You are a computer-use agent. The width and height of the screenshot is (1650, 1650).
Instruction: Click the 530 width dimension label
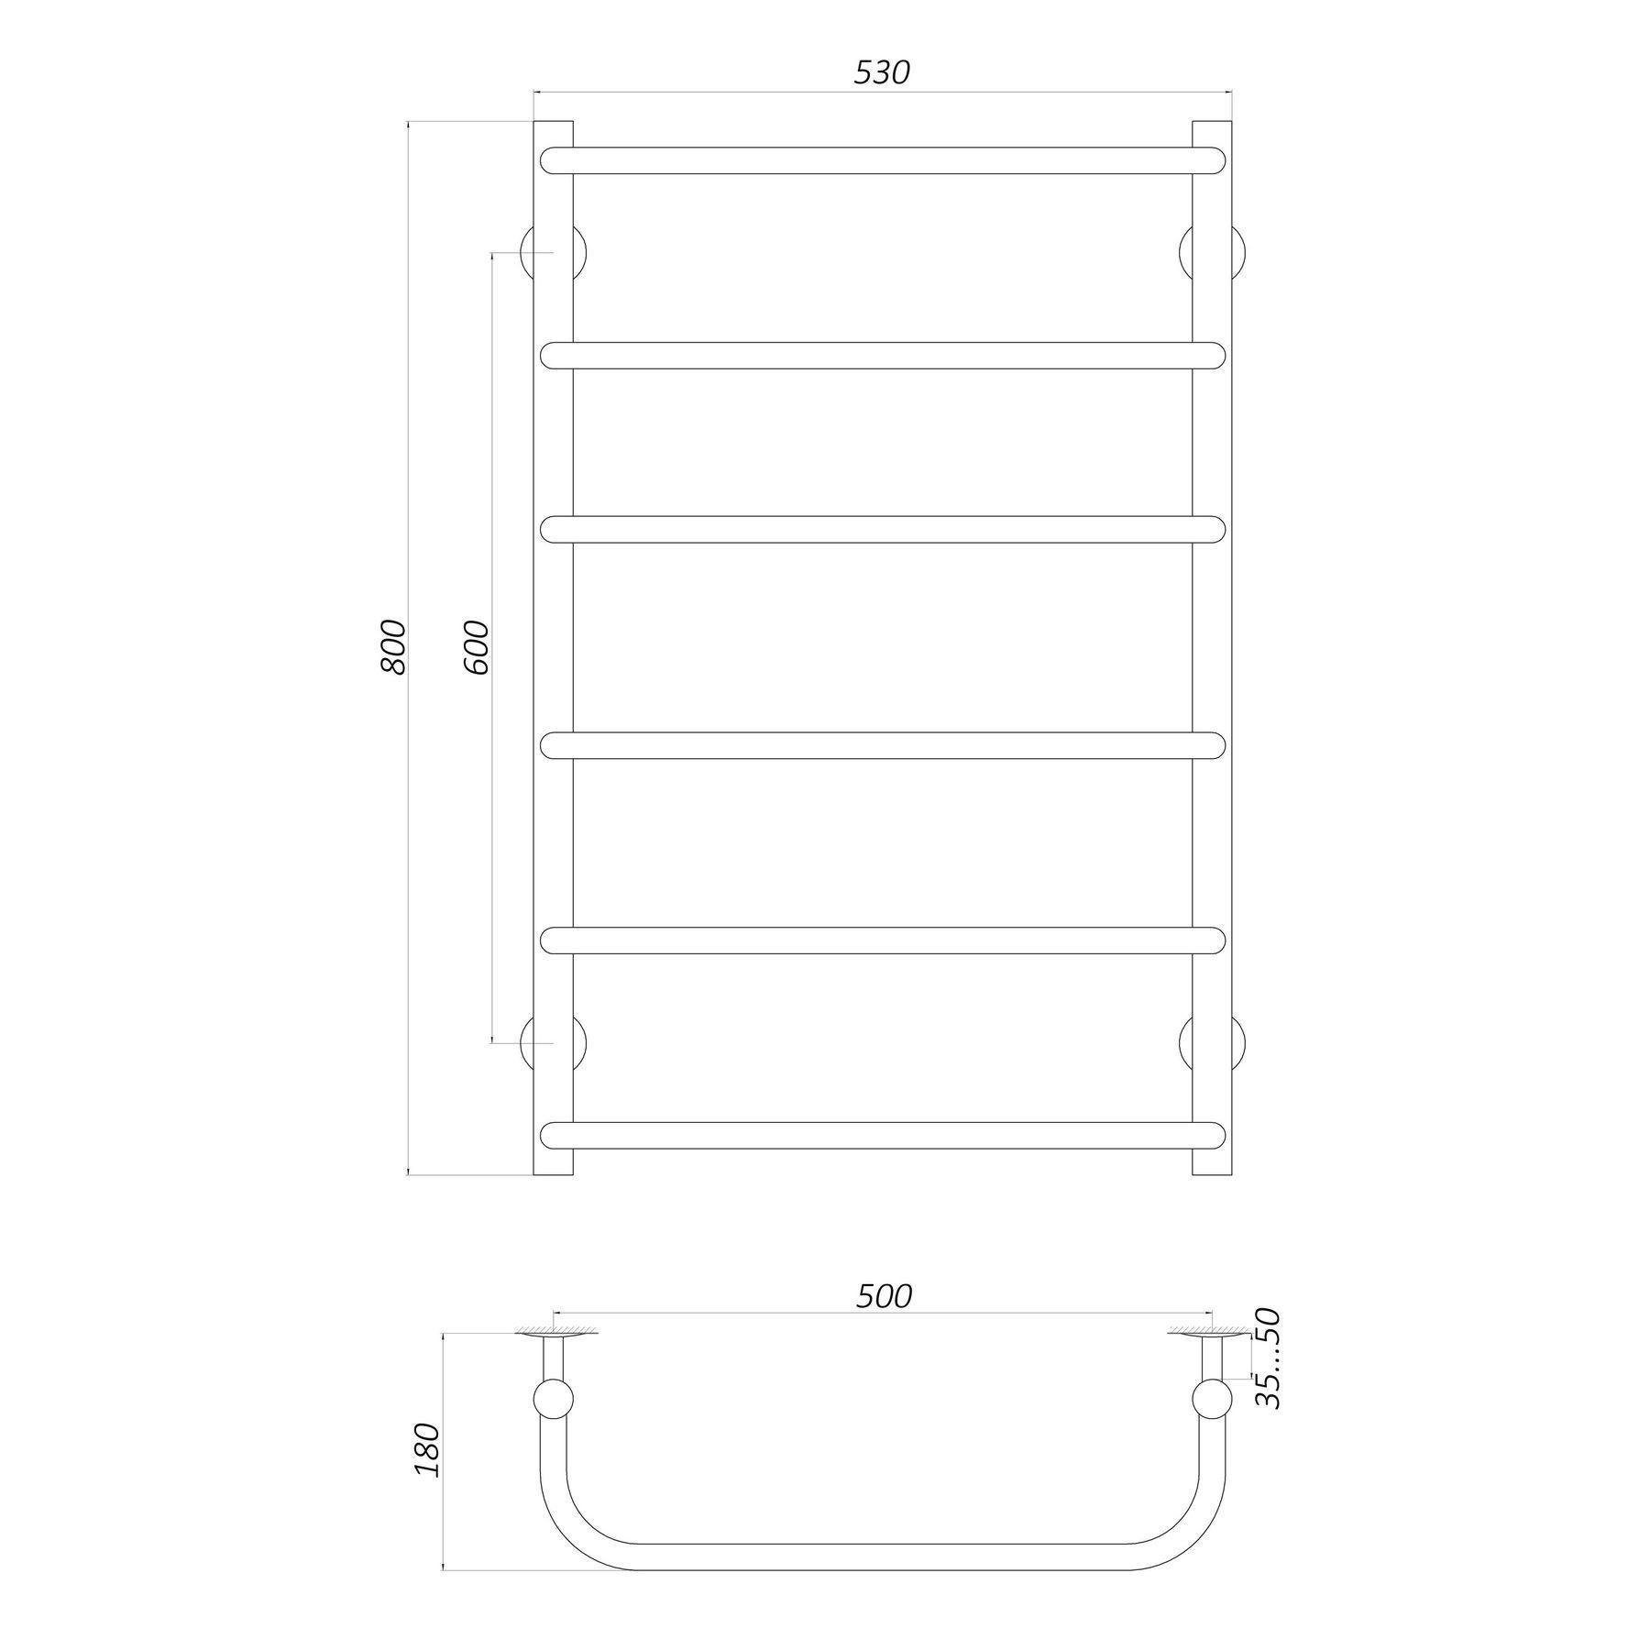882,72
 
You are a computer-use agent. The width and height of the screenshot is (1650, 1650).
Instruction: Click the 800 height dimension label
392,647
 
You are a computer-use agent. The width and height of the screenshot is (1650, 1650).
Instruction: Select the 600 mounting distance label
476,647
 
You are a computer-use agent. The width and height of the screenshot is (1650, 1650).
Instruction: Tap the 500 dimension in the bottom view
885,1295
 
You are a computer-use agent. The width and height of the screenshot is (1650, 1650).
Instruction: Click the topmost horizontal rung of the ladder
882,160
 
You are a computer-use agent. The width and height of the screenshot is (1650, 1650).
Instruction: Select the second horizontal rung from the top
882,356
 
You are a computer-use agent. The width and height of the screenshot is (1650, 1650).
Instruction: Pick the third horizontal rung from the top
882,530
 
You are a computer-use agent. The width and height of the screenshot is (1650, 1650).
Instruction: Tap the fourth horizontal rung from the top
882,745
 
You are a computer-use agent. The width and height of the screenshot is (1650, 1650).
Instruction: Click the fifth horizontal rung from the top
882,940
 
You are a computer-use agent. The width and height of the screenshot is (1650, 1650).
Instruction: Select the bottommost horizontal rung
882,1135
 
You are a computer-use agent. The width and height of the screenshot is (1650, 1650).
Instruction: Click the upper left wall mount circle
554,252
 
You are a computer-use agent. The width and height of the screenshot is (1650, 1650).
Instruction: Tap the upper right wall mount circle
1212,252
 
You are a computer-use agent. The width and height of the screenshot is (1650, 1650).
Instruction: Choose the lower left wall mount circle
554,1043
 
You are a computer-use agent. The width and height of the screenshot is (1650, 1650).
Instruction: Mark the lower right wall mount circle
1212,1043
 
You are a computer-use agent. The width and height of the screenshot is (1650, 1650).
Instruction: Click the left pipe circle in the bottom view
554,1400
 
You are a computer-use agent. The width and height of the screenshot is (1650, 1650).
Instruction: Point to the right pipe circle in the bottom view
1212,1400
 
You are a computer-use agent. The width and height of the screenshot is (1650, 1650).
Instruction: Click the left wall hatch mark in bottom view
554,1329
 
